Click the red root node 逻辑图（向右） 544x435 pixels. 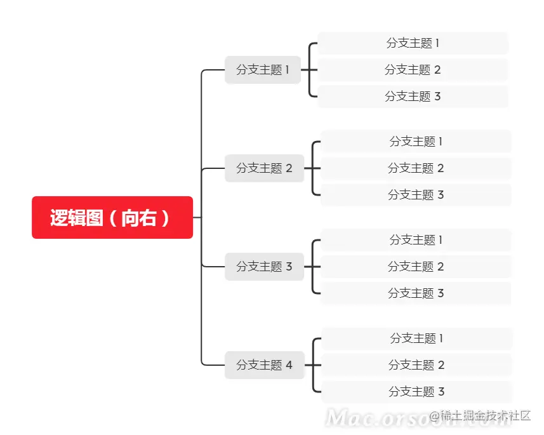click(112, 218)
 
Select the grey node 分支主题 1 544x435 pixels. click(263, 70)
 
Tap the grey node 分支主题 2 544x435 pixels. click(264, 168)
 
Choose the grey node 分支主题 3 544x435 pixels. click(264, 267)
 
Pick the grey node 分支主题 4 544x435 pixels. click(264, 365)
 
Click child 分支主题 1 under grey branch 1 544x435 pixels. click(413, 43)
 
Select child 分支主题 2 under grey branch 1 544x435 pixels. click(413, 70)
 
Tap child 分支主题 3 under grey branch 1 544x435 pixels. click(413, 97)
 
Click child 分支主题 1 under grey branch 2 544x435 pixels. click(416, 142)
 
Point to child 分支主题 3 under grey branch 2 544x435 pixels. click(416, 195)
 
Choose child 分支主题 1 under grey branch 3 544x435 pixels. click(416, 240)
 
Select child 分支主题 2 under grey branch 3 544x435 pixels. click(416, 267)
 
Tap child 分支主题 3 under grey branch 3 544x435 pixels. click(416, 293)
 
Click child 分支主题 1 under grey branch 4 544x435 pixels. click(416, 338)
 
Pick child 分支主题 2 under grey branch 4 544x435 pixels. click(416, 365)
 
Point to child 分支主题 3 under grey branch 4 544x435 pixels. click(416, 392)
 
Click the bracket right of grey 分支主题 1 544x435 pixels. click(310, 70)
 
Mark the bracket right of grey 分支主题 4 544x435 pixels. click(313, 365)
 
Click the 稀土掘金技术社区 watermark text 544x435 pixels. click(485, 416)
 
